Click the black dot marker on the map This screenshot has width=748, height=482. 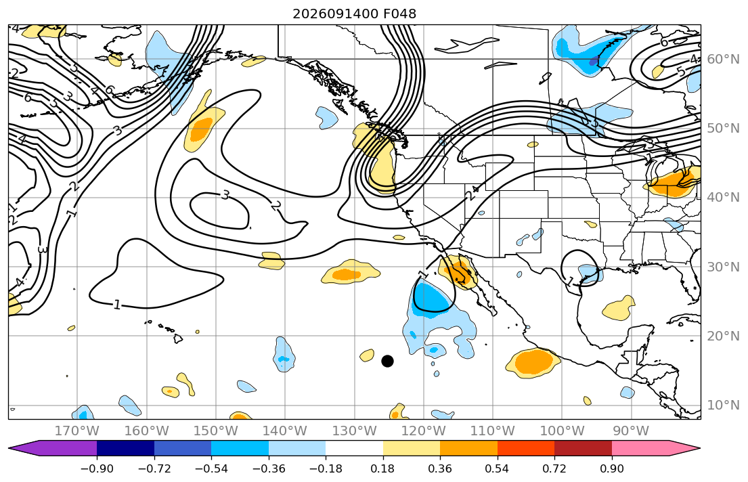387,361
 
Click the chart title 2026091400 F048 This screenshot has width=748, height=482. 355,14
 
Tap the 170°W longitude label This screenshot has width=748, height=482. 77,431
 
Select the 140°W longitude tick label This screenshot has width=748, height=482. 285,431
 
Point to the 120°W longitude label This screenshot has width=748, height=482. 424,431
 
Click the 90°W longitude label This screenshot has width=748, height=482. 631,431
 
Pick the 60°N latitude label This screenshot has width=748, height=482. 723,59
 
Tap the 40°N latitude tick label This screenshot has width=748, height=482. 723,197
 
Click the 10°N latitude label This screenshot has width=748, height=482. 723,406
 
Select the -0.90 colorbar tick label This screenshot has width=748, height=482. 97,468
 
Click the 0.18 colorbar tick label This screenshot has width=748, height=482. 383,468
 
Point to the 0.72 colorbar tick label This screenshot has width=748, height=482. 554,468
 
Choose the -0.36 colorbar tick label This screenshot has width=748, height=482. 269,468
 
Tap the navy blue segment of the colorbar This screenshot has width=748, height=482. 125,448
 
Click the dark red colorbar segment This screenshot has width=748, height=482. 583,448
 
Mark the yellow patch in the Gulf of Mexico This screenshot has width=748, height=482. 619,308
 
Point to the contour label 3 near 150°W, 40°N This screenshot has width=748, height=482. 225,195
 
